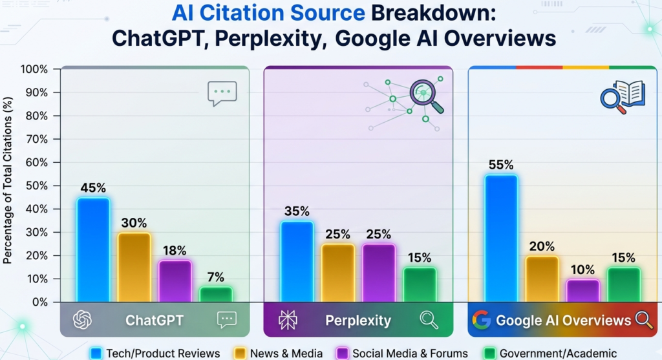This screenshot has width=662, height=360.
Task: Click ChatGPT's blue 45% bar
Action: [93, 250]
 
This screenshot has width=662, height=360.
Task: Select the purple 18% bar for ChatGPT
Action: [175, 281]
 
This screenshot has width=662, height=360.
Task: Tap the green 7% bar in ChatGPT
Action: [216, 295]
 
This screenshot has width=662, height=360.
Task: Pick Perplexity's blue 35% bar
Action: [297, 262]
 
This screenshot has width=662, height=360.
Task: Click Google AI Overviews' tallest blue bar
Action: [501, 238]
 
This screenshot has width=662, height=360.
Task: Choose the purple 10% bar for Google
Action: [583, 291]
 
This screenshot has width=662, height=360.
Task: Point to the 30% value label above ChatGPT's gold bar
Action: [134, 223]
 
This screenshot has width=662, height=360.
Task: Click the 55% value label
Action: [501, 165]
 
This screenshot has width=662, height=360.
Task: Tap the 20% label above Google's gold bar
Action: [542, 246]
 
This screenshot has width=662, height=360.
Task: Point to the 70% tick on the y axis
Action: [37, 139]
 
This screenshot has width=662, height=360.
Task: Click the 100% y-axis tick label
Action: [34, 69]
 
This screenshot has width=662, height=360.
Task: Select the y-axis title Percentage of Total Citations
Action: [8, 180]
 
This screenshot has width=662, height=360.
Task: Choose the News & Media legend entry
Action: [279, 354]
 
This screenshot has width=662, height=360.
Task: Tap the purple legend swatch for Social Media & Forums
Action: [343, 354]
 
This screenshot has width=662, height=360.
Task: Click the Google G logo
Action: [482, 320]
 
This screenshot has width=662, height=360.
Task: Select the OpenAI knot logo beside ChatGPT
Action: [82, 320]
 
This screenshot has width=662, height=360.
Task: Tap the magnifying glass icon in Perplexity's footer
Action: [429, 320]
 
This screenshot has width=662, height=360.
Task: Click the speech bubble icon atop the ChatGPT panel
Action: [222, 93]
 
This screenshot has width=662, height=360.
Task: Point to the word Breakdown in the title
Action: [433, 14]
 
